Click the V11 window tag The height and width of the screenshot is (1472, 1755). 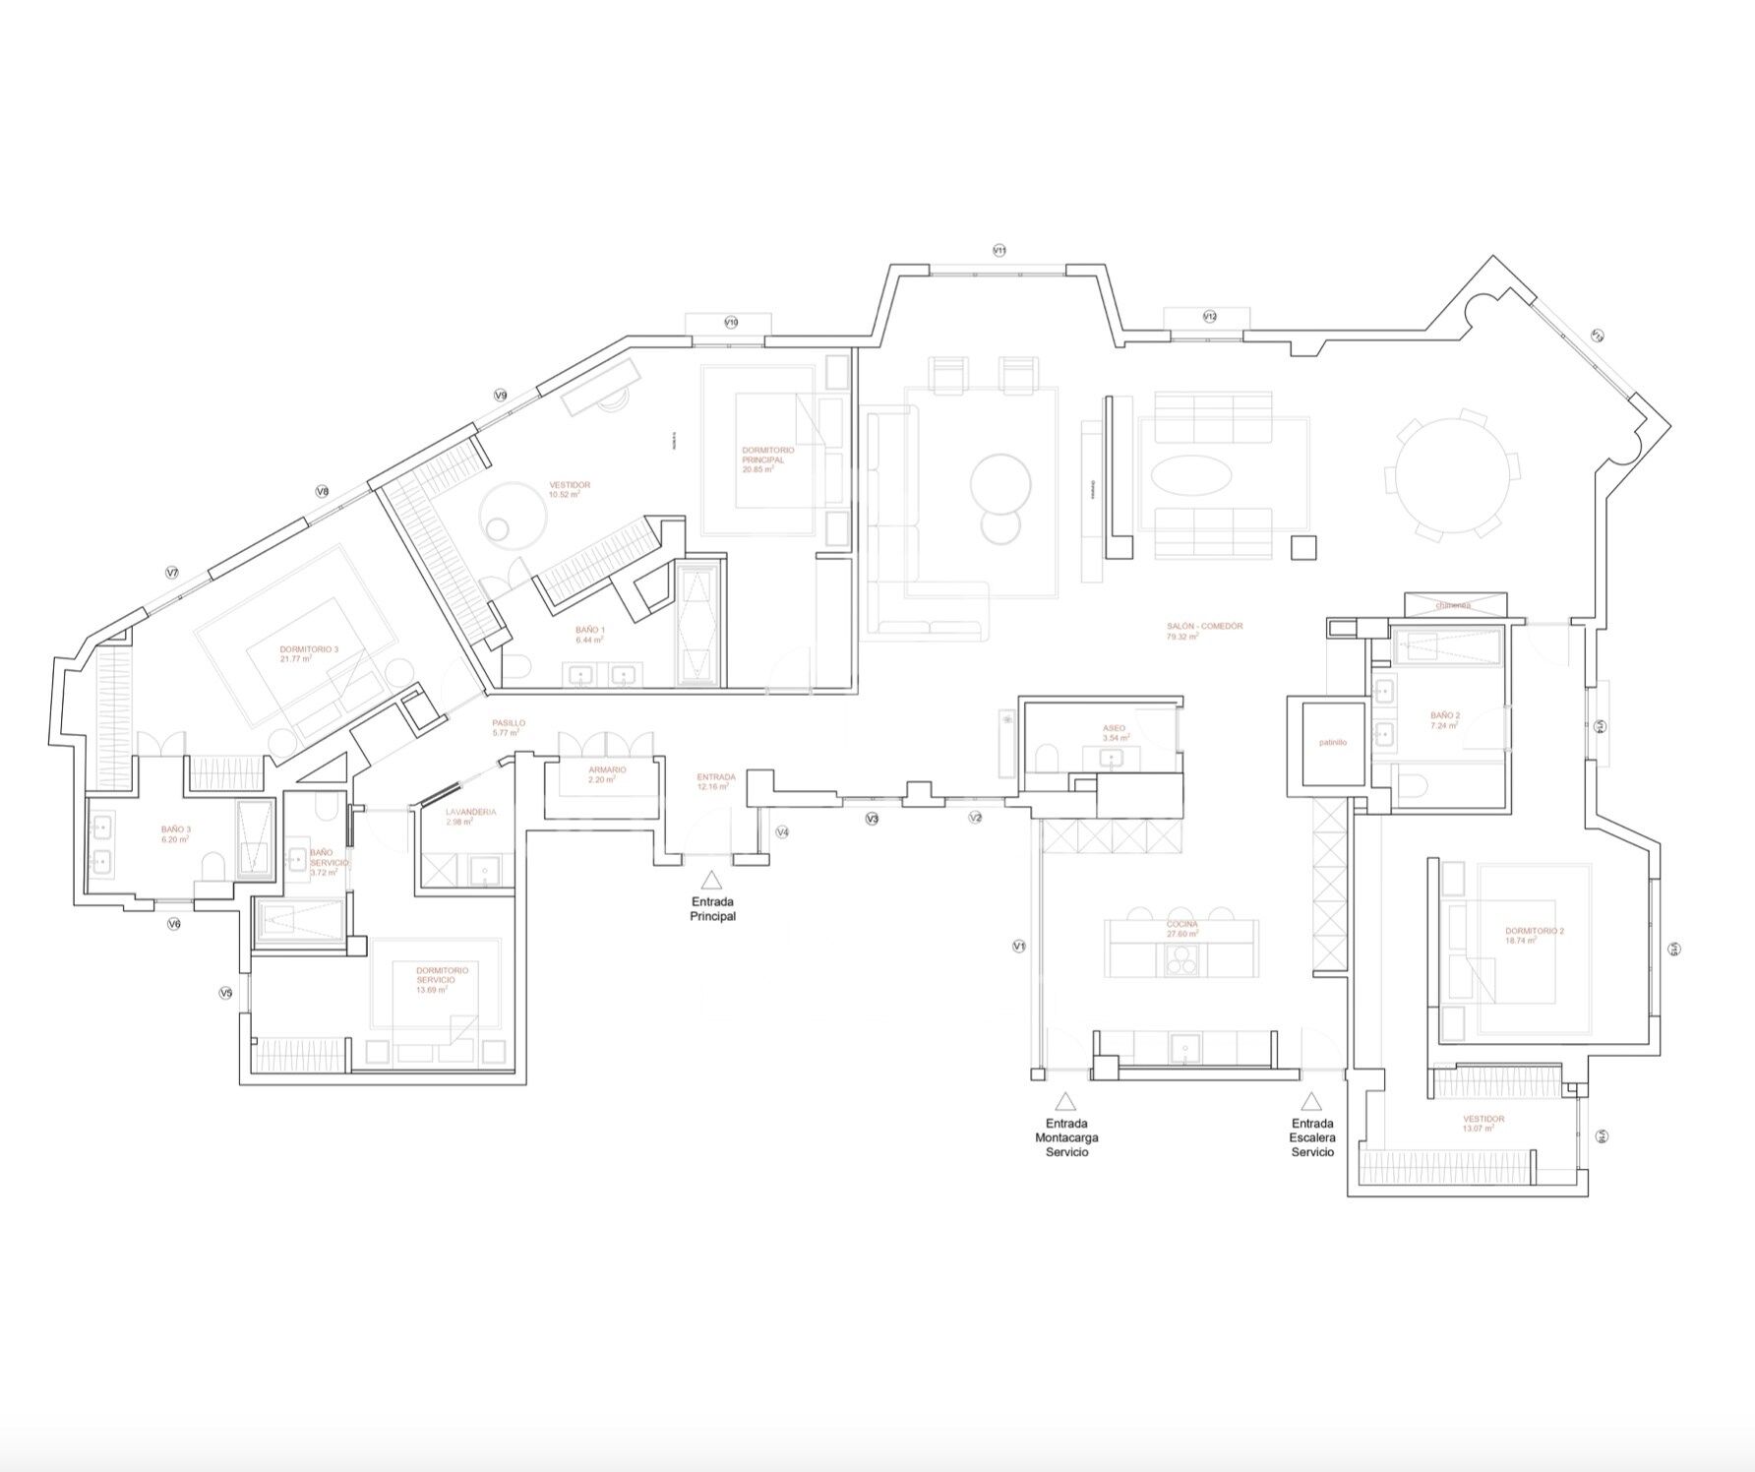pyautogui.click(x=999, y=251)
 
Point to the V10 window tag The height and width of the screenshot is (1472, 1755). pyautogui.click(x=731, y=322)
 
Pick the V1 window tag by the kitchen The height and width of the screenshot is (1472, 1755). pyautogui.click(x=1019, y=946)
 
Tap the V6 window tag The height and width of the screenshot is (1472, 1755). pyautogui.click(x=174, y=924)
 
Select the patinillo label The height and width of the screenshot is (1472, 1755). pyautogui.click(x=1333, y=743)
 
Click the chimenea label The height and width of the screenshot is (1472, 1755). pyautogui.click(x=1453, y=605)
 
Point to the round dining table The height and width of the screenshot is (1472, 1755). pyautogui.click(x=1453, y=473)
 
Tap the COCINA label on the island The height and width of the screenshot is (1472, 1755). pyautogui.click(x=1181, y=925)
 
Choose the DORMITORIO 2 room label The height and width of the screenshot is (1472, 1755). pyautogui.click(x=1534, y=931)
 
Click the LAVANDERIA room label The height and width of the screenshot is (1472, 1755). pyautogui.click(x=470, y=812)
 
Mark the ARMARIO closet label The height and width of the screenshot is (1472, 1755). pyautogui.click(x=607, y=770)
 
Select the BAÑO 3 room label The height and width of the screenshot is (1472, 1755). pyautogui.click(x=176, y=829)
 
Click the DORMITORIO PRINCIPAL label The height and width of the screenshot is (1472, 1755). pyautogui.click(x=768, y=455)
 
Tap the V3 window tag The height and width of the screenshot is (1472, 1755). pyautogui.click(x=872, y=819)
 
